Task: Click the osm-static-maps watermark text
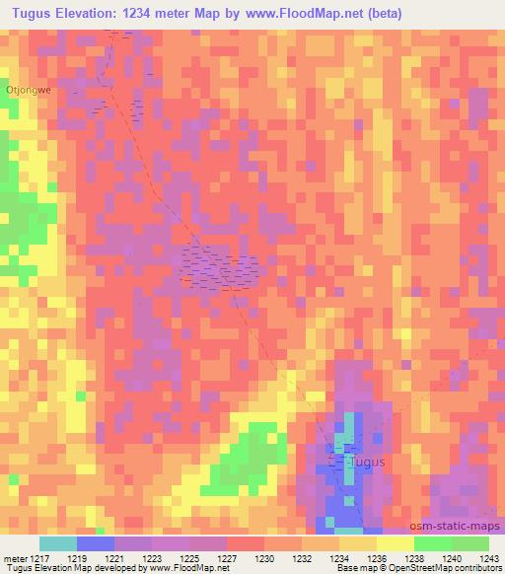457,527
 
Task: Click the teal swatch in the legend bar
58,543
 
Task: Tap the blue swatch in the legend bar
96,543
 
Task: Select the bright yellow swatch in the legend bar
395,543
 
